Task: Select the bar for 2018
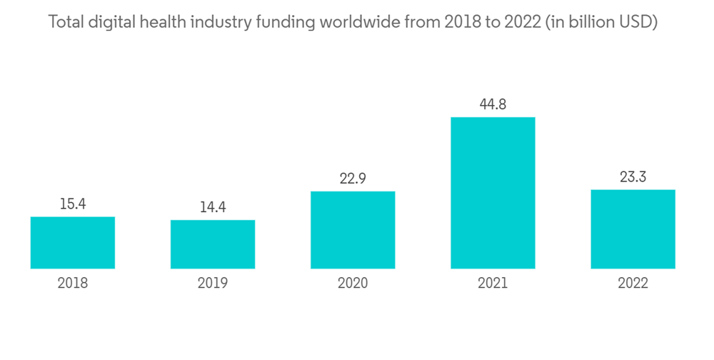tap(73, 243)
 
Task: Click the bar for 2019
tap(213, 244)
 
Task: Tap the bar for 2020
tap(353, 230)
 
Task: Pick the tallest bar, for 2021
tap(493, 193)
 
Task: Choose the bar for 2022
tap(633, 229)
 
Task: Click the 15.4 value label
tap(73, 204)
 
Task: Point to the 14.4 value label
tap(213, 208)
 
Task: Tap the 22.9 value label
tap(353, 179)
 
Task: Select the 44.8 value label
tap(493, 104)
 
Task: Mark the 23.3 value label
tap(633, 177)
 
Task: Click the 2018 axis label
tap(73, 284)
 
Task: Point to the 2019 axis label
tap(213, 284)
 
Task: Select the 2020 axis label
tap(353, 284)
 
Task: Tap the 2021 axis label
tap(493, 284)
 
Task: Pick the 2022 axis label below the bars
tap(633, 284)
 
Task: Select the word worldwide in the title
tap(361, 23)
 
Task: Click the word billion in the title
tap(599, 23)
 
